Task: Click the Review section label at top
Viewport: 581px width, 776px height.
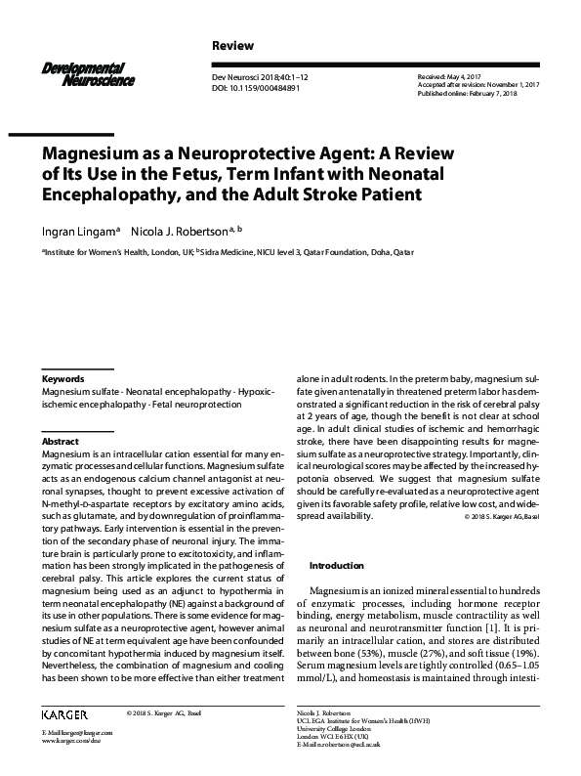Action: click(x=232, y=46)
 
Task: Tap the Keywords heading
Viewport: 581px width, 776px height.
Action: click(x=63, y=378)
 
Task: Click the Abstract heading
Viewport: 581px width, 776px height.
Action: click(x=61, y=442)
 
